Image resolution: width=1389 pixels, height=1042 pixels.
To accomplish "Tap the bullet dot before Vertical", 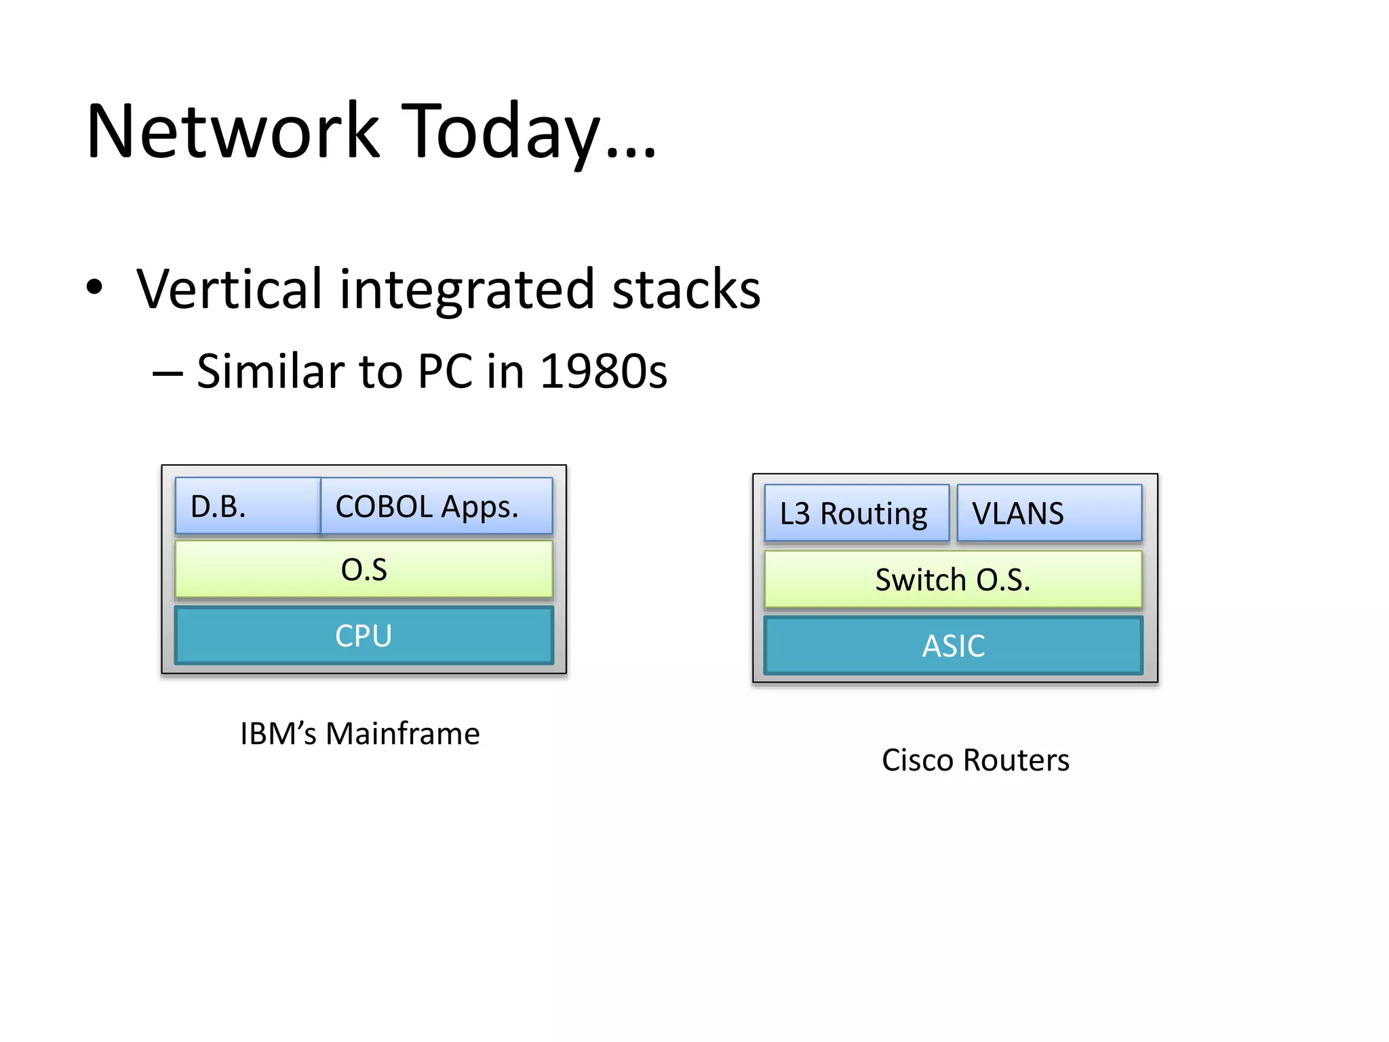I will [x=94, y=287].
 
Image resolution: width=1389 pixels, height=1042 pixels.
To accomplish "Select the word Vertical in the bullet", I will [x=229, y=289].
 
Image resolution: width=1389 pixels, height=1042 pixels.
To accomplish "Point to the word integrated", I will [x=467, y=290].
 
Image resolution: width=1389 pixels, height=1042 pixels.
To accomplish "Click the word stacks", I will [x=686, y=289].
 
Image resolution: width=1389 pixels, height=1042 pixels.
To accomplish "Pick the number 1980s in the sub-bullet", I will [x=603, y=372].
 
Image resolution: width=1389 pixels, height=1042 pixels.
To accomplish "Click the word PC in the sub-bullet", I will [x=444, y=372].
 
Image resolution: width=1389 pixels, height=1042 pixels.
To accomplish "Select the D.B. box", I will [x=247, y=506].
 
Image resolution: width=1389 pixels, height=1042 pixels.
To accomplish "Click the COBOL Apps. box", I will [x=435, y=506].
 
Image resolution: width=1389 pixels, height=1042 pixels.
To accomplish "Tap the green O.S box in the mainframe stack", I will [x=364, y=569].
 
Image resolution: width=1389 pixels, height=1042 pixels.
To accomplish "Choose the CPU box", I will [x=364, y=636].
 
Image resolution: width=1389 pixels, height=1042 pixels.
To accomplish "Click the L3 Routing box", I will [x=856, y=514].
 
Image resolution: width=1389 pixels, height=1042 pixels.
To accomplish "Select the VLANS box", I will [x=1049, y=514].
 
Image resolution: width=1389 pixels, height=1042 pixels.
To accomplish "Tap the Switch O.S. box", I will [x=953, y=579].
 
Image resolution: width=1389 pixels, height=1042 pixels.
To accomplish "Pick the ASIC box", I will [x=953, y=645].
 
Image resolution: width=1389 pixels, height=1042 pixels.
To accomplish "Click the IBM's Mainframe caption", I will [x=360, y=733].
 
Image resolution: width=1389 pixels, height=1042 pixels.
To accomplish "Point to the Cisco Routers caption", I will [x=975, y=760].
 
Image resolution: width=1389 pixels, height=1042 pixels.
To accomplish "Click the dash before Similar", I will [x=167, y=373].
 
